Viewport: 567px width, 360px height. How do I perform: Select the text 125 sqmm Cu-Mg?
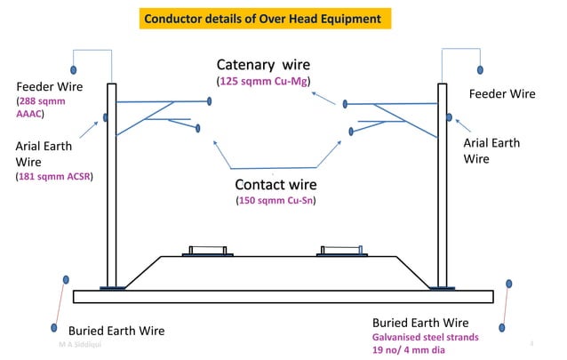pyautogui.click(x=268, y=82)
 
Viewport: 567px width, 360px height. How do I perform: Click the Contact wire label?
pyautogui.click(x=276, y=185)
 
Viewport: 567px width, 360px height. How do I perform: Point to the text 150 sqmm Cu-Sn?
pyautogui.click(x=276, y=201)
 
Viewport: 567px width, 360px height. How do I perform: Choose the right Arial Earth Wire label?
pyautogui.click(x=491, y=150)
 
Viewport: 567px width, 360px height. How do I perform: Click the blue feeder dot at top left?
pyautogui.click(x=74, y=69)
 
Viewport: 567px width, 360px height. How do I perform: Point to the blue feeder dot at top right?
pyautogui.click(x=480, y=69)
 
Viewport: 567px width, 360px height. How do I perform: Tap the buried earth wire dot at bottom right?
pyautogui.click(x=508, y=284)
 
